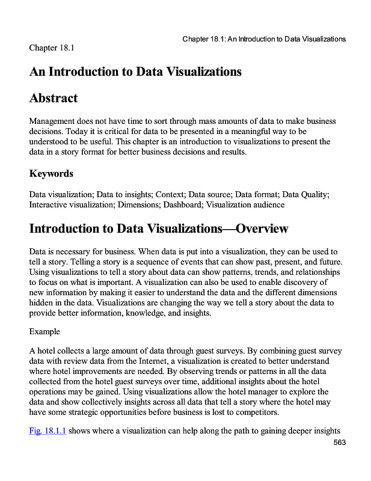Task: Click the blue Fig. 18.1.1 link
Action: (x=48, y=430)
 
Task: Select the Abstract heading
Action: (x=54, y=98)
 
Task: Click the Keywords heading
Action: (x=51, y=174)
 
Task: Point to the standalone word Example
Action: (x=44, y=331)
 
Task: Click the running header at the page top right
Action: (x=264, y=39)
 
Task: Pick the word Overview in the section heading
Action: (x=262, y=229)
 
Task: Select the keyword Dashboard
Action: (x=181, y=204)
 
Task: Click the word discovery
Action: (x=297, y=281)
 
